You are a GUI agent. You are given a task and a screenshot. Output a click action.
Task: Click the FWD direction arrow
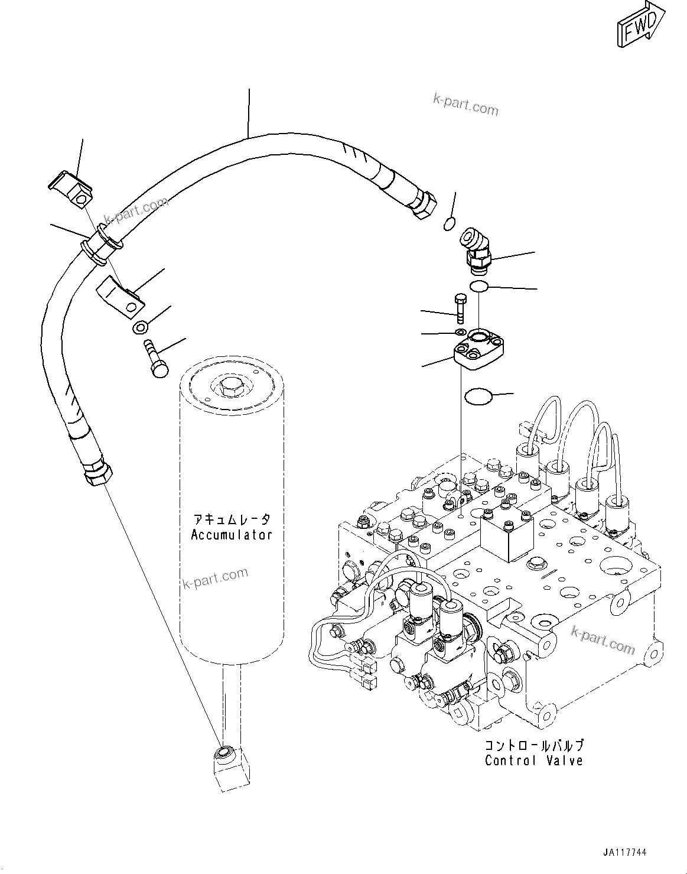640,27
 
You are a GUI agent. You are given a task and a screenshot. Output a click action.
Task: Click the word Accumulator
232,535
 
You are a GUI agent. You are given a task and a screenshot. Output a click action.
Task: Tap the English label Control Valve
533,761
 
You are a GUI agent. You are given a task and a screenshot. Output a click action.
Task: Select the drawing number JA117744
625,853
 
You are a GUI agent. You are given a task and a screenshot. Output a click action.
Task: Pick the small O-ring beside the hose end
450,223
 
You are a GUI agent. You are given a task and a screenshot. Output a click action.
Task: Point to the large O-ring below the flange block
478,397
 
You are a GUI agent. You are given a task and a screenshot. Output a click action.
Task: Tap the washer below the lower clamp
141,327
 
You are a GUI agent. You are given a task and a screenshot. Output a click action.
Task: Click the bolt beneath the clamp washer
155,358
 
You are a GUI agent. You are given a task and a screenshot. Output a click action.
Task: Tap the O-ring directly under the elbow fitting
478,287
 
